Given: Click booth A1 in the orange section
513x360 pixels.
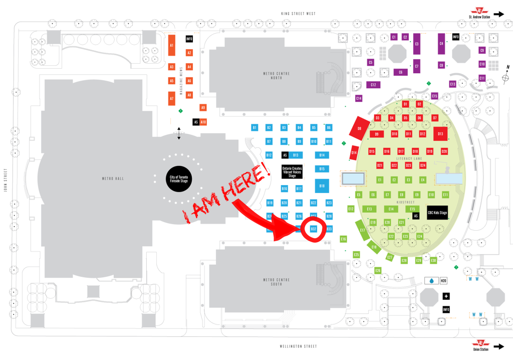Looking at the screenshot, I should tap(171, 45).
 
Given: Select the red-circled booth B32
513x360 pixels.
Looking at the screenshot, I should tap(314, 229).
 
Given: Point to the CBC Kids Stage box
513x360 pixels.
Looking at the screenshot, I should tap(437, 213).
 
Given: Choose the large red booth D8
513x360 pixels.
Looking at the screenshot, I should tap(360, 129).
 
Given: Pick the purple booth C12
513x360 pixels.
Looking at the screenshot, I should tap(373, 85).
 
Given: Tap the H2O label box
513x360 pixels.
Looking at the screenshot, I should tap(443, 281).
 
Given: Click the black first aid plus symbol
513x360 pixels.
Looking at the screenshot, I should tap(446, 296).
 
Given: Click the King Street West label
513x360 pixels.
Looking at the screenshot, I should tap(299, 14).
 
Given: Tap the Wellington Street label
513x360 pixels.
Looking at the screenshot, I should tap(299, 346).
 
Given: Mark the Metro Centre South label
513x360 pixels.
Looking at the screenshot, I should tap(273, 282).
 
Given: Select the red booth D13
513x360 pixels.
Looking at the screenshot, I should tap(440, 133).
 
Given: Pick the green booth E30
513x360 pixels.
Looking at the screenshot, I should tap(433, 260).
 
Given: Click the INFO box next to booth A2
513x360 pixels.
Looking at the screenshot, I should tap(189, 39).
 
